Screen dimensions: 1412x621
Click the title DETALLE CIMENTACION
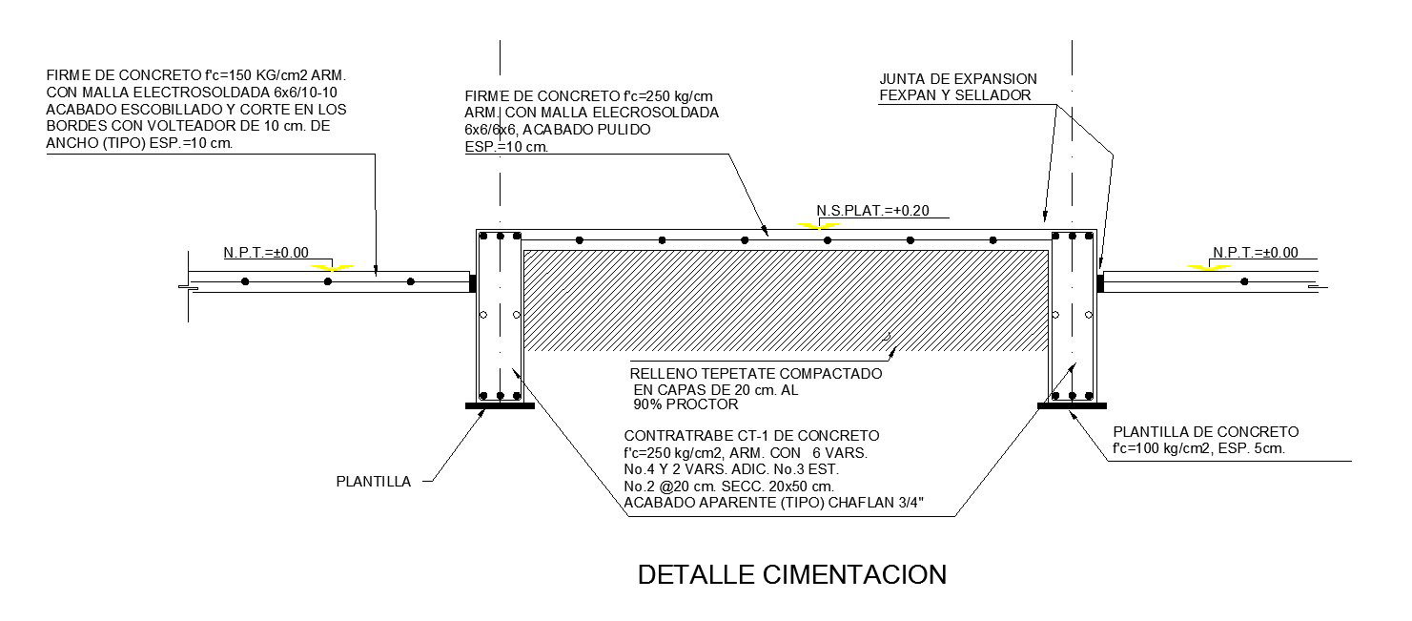[791, 575]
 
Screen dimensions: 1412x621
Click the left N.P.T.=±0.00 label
[266, 253]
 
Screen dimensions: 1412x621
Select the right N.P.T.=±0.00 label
[1256, 253]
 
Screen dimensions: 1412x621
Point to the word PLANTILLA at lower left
[373, 482]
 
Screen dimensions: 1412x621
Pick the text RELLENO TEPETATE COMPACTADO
[756, 374]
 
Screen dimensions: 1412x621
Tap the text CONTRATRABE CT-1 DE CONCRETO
[751, 436]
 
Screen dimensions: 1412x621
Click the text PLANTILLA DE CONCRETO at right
[1205, 432]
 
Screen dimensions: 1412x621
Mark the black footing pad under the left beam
[500, 405]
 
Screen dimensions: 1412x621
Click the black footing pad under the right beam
[1071, 405]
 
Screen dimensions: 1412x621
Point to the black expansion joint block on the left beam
[473, 283]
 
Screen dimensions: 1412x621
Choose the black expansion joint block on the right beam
[1099, 283]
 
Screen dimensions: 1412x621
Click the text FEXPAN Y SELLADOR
[955, 95]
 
